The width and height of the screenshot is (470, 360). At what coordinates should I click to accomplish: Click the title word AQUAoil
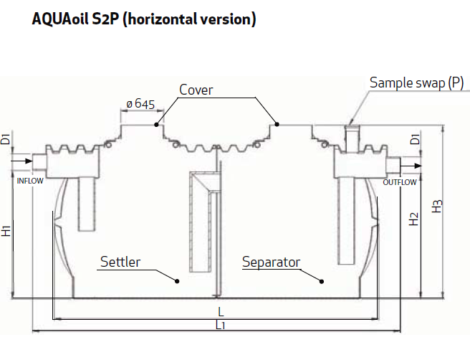[60, 19]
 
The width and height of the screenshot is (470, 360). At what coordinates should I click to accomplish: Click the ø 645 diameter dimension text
[140, 104]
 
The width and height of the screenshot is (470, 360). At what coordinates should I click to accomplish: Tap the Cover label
[196, 90]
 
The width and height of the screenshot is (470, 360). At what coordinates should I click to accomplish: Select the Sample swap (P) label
[417, 82]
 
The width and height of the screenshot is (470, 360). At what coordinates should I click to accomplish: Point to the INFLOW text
[30, 181]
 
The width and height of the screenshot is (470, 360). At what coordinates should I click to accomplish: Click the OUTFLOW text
[400, 182]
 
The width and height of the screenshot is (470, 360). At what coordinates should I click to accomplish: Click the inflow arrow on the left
[21, 161]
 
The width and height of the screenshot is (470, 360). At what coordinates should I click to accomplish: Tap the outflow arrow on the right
[411, 166]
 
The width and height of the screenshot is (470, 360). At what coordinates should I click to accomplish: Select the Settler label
[120, 262]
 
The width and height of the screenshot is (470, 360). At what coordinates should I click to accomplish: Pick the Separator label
[271, 262]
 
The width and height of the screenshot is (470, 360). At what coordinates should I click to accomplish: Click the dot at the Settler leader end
[177, 281]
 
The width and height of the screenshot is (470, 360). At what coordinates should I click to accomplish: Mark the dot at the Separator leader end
[322, 281]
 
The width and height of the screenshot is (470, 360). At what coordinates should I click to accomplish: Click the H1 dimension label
[6, 231]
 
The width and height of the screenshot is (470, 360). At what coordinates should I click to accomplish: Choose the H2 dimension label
[413, 219]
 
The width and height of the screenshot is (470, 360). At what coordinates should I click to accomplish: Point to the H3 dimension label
[437, 206]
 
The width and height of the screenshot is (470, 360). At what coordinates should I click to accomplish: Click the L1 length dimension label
[221, 325]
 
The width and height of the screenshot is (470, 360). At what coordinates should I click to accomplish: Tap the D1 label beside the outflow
[416, 140]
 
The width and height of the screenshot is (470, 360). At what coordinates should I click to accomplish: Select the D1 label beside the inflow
[6, 139]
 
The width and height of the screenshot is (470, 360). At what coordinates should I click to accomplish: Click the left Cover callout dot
[156, 125]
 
